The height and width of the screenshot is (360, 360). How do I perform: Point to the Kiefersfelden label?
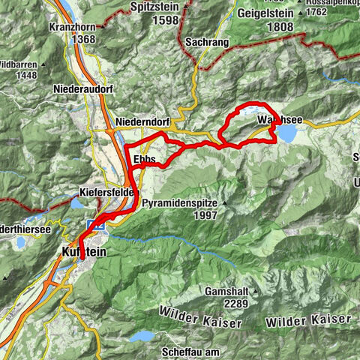109,192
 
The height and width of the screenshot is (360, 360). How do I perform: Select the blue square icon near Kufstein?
95,223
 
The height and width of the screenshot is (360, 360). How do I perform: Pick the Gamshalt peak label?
226,290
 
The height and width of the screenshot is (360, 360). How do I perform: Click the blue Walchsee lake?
286,133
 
